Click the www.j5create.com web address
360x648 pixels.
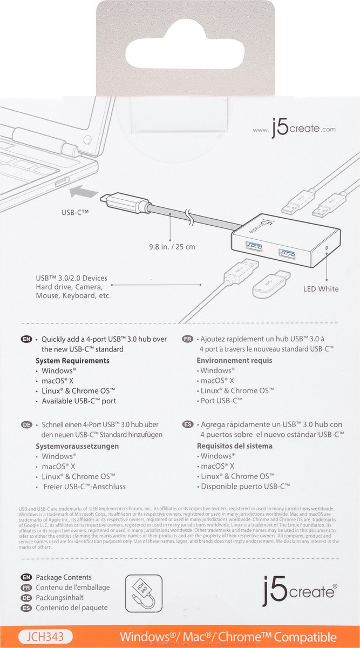point(294,130)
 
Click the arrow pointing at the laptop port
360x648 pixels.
point(83,191)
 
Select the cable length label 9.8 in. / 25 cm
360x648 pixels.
point(172,246)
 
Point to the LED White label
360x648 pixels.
point(321,289)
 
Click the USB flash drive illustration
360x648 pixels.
point(273,284)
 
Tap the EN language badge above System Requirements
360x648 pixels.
point(25,339)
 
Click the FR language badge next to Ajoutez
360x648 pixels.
point(188,339)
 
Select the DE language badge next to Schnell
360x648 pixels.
point(25,424)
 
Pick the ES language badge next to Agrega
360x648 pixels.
point(188,424)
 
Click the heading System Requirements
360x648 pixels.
point(72,360)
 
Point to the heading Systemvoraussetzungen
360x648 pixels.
point(77,446)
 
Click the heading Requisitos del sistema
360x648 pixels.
point(234,446)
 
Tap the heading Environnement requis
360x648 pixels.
point(234,360)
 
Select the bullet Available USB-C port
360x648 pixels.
point(79,401)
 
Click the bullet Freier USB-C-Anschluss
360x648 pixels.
point(84,487)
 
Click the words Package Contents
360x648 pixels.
point(64,577)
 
